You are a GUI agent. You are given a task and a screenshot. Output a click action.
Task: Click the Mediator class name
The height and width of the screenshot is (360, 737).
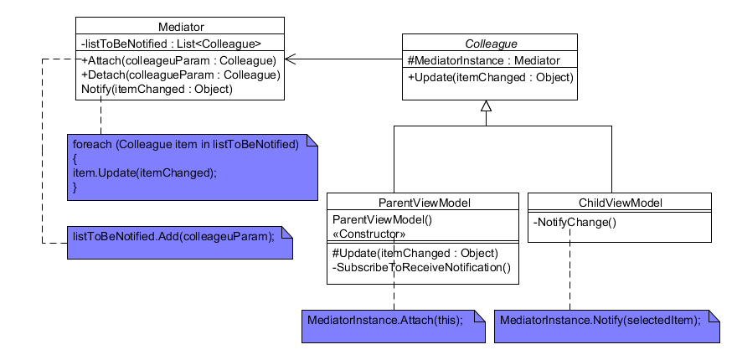tap(180, 27)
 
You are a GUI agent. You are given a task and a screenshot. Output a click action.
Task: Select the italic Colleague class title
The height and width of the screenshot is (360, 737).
tap(490, 43)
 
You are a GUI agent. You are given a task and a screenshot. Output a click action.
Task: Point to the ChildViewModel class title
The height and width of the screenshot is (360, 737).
tap(620, 203)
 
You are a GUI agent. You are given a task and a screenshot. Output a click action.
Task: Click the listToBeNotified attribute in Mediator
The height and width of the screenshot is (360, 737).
tap(171, 44)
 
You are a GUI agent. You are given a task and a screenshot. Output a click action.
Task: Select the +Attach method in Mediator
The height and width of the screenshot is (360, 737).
tap(179, 60)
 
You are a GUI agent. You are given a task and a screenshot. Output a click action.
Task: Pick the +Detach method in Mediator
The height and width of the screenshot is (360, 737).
tap(180, 75)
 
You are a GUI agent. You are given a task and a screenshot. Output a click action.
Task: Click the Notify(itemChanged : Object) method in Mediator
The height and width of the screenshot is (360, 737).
tap(157, 89)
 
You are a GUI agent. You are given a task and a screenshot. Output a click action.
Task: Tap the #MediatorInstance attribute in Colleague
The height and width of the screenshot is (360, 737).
tap(483, 60)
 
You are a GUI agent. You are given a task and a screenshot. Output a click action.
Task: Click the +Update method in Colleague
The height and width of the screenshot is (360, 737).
tap(490, 77)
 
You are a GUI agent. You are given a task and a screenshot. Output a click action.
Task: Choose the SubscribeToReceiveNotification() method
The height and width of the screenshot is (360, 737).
tap(421, 267)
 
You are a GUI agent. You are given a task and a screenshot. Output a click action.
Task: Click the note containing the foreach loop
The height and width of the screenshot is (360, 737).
tap(193, 167)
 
